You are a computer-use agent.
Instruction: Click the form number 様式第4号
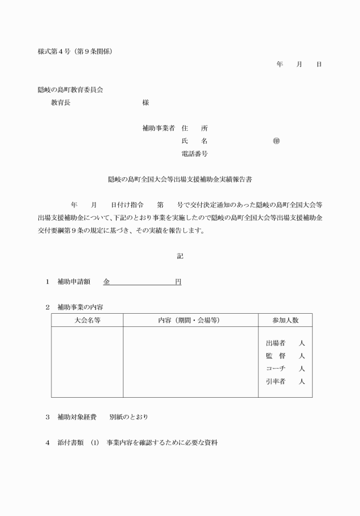point(56,51)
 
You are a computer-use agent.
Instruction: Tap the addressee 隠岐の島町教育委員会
point(70,90)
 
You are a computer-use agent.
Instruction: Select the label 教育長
point(61,103)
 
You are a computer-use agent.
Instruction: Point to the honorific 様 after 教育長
point(146,103)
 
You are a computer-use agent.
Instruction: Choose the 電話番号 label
point(194,154)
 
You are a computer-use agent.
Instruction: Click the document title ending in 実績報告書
point(180,179)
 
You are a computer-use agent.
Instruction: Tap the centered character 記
point(180,256)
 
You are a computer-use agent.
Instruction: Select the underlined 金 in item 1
point(107,282)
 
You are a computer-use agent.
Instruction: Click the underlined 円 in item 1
point(178,282)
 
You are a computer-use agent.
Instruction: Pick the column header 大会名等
point(87,321)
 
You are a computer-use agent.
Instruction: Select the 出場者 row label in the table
point(275,343)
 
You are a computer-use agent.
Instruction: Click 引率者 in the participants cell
point(275,381)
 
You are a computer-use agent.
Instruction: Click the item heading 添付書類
point(71,442)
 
